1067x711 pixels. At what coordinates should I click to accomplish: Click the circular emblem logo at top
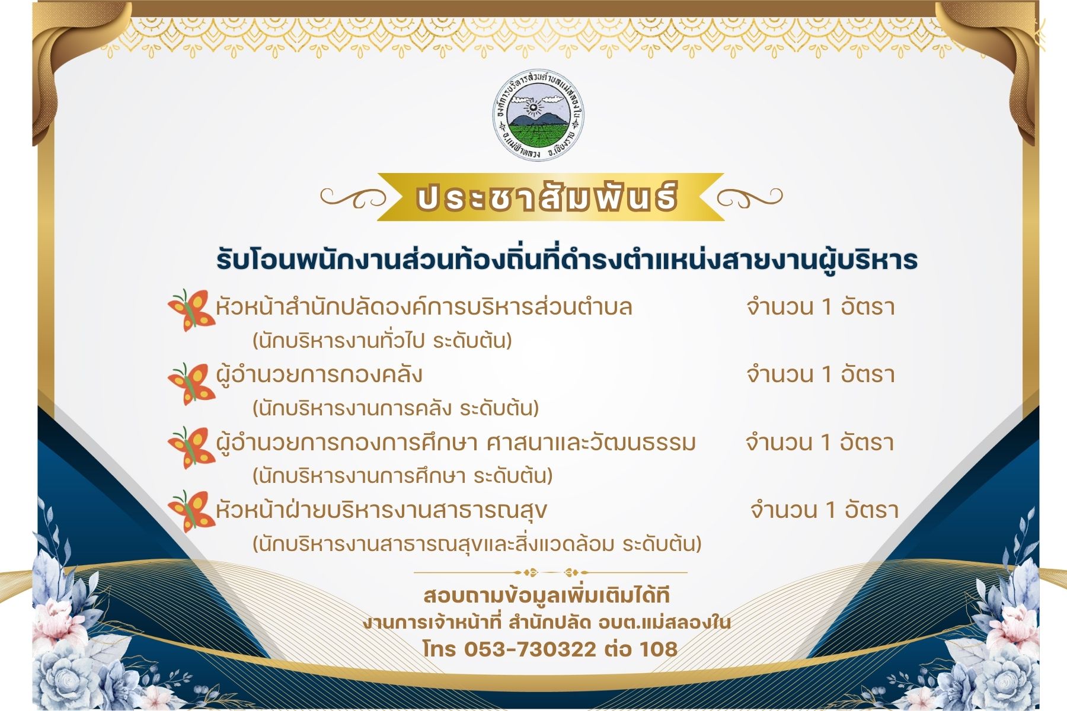[x=539, y=116]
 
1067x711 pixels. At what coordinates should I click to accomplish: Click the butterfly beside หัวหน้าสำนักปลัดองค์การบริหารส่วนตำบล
[x=191, y=310]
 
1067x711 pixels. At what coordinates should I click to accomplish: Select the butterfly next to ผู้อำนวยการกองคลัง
[x=191, y=383]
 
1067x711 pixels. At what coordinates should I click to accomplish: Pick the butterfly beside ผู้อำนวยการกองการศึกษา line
[x=191, y=448]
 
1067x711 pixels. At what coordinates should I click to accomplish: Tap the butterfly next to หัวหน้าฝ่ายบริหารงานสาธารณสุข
[x=191, y=511]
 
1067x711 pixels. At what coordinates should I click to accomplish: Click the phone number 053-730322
[x=530, y=649]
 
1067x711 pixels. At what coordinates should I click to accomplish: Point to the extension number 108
[x=658, y=649]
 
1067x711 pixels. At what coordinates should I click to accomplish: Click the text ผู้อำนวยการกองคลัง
[x=319, y=375]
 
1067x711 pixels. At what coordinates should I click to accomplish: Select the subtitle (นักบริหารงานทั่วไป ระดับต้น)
[x=382, y=341]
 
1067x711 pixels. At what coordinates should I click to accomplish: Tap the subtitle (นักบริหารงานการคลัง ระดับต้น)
[x=395, y=408]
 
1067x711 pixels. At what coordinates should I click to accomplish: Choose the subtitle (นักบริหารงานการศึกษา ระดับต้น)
[x=402, y=476]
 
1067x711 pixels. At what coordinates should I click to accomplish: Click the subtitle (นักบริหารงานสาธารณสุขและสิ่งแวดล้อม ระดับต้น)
[x=477, y=543]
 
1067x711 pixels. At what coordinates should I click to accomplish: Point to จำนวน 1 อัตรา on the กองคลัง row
[x=820, y=374]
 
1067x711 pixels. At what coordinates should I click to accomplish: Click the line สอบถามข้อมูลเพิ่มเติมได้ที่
[x=547, y=595]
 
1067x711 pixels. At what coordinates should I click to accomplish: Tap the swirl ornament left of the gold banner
[x=353, y=197]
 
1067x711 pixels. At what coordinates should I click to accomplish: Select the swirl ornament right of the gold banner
[x=749, y=197]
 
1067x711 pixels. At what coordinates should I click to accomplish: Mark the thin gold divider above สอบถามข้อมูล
[x=551, y=572]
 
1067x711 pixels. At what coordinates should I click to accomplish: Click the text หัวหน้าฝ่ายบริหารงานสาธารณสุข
[x=381, y=510]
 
